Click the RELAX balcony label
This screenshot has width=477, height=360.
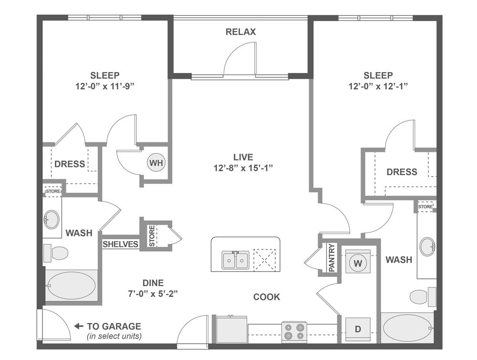[240, 32]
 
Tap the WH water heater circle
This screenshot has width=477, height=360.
[156, 163]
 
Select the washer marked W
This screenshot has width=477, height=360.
[357, 262]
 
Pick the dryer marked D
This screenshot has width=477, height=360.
[357, 329]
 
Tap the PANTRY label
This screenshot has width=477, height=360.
[332, 257]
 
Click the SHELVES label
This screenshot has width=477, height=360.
[120, 244]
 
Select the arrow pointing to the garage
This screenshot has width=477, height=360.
[79, 327]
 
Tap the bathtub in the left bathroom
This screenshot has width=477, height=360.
[71, 286]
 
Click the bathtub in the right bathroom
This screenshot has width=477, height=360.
[408, 328]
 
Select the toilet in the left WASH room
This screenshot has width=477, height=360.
[56, 253]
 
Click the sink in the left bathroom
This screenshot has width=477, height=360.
[51, 220]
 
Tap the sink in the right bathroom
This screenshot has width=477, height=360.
[427, 247]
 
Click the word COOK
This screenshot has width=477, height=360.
[267, 297]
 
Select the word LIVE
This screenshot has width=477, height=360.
[243, 157]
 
